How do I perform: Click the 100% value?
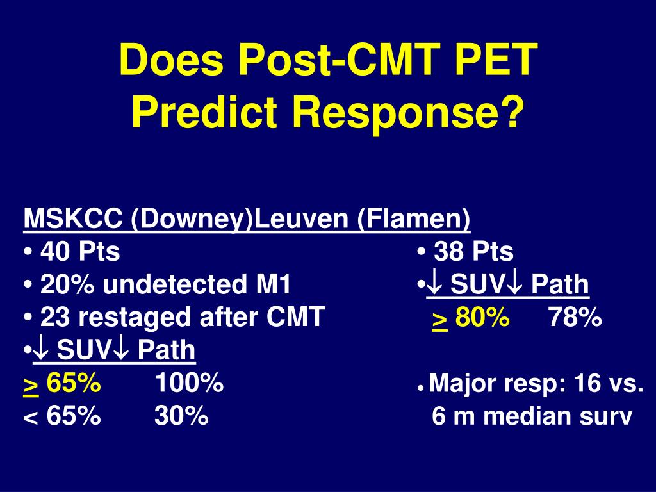point(188,384)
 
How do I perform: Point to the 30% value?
point(181,416)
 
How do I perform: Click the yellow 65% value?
point(73,384)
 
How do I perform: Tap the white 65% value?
point(73,416)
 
